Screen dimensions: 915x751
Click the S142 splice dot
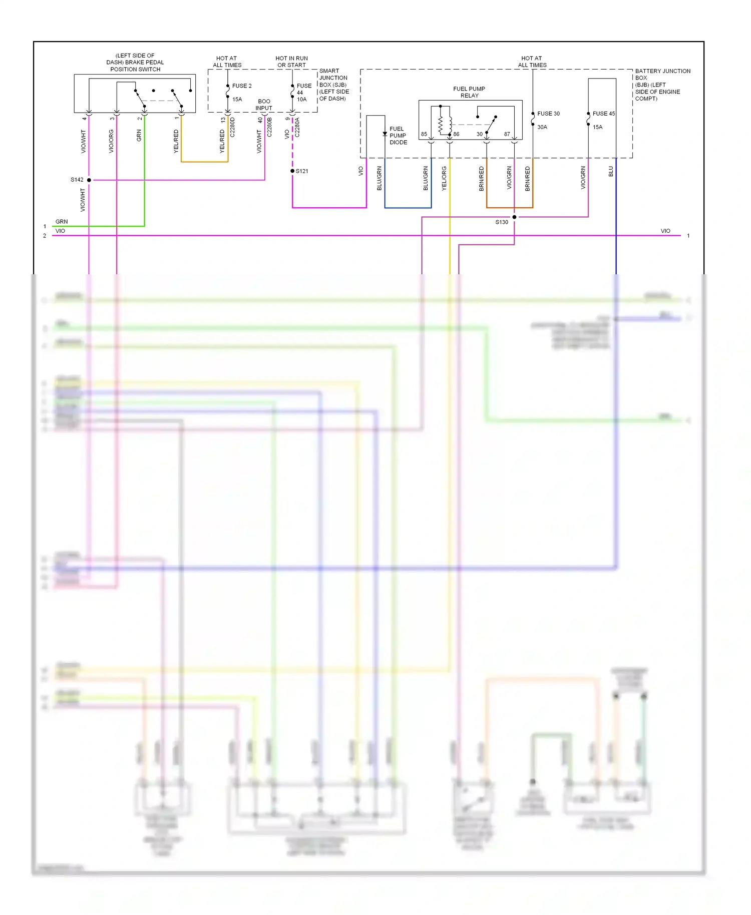coord(89,180)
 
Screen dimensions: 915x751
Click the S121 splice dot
coord(292,171)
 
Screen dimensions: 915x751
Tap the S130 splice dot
coord(514,217)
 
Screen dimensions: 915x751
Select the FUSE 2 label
coord(242,86)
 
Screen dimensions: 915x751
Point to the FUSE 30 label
coord(548,114)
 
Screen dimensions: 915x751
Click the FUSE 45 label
coord(603,114)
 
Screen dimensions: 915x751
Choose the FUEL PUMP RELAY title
coord(469,92)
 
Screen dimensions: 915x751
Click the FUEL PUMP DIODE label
coord(398,136)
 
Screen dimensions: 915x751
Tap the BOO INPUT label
coord(264,105)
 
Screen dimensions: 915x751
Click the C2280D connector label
coord(232,127)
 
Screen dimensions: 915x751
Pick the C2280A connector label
coord(297,128)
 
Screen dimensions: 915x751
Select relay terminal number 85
coord(424,134)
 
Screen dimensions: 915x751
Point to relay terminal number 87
coord(507,134)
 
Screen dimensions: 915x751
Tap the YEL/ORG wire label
coord(444,179)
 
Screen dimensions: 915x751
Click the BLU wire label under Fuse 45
coord(611,172)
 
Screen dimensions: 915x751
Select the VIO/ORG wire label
coord(111,141)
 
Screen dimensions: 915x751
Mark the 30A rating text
coord(542,127)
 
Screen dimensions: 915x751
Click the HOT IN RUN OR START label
coord(291,62)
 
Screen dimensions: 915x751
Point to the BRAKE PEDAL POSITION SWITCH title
coord(135,63)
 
